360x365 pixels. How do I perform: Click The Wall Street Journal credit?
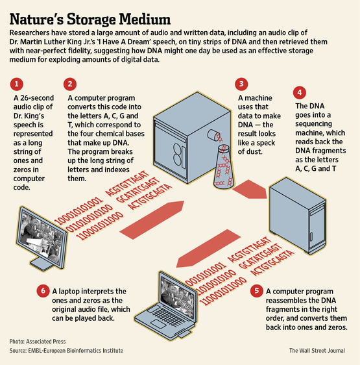coord(320,350)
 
